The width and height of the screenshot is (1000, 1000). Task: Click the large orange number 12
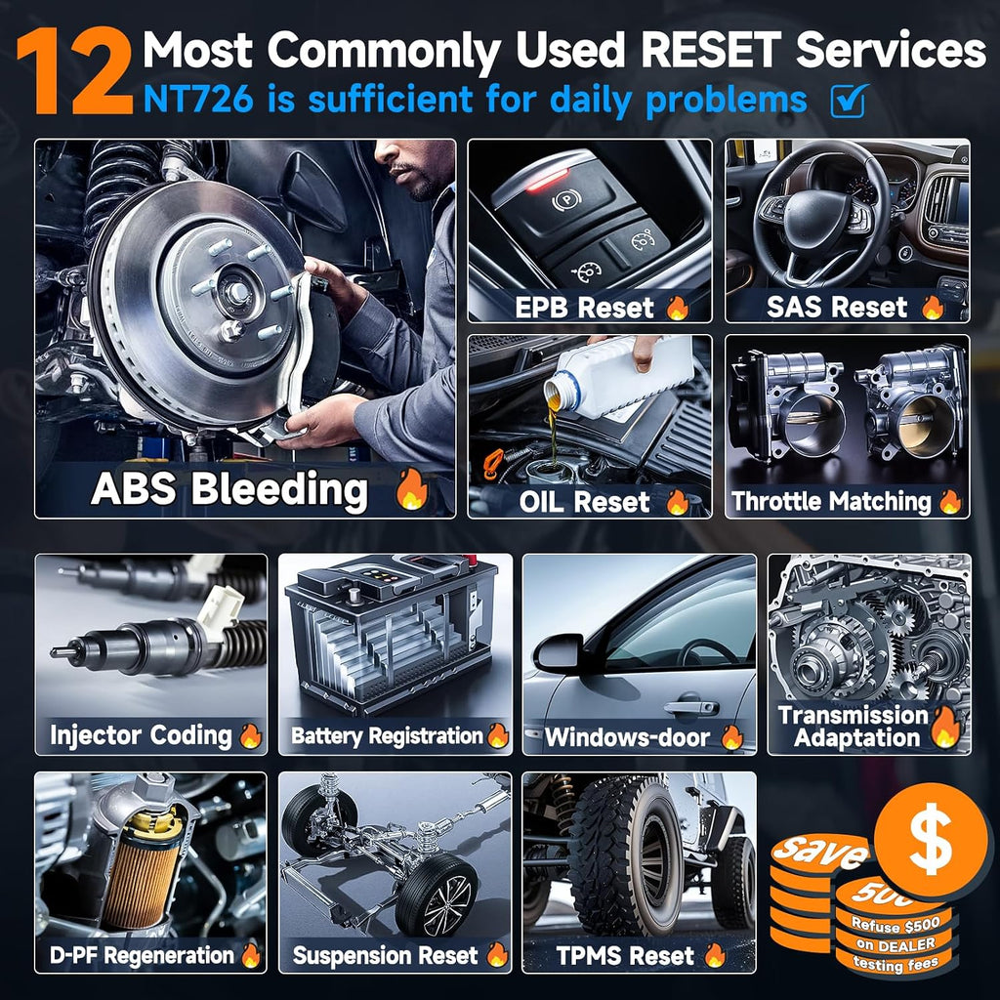click(x=74, y=72)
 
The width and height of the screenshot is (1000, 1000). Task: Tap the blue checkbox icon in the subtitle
click(x=850, y=101)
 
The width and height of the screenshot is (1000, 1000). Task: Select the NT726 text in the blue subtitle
click(x=198, y=100)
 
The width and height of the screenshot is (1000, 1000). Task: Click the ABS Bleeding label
click(x=229, y=489)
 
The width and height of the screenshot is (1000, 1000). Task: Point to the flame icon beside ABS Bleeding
click(x=411, y=488)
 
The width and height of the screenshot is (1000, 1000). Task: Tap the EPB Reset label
click(x=584, y=308)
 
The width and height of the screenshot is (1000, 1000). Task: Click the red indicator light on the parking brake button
click(x=547, y=180)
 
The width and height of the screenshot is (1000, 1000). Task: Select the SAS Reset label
click(x=837, y=307)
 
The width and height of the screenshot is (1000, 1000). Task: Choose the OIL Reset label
click(x=584, y=502)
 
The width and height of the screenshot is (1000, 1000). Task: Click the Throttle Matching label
click(x=831, y=501)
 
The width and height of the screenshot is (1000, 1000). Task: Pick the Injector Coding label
click(x=141, y=734)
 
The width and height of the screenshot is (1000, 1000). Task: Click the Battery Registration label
click(x=387, y=735)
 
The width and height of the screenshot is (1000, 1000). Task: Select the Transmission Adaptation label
click(x=854, y=726)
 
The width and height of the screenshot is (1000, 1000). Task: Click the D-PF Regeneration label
click(x=143, y=955)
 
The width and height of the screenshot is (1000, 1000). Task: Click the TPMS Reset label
click(x=625, y=955)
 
